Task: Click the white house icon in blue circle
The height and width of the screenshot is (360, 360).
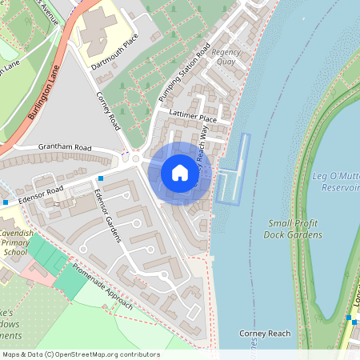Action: pyautogui.click(x=180, y=172)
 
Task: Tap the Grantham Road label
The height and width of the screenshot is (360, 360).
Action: pyautogui.click(x=65, y=148)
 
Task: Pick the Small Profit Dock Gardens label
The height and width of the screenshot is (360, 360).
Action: pyautogui.click(x=295, y=229)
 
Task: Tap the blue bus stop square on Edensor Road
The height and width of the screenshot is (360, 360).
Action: pyautogui.click(x=101, y=178)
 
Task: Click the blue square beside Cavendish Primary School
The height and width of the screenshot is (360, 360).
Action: pyautogui.click(x=5, y=202)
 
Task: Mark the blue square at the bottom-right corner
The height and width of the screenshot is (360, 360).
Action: pyautogui.click(x=350, y=319)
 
